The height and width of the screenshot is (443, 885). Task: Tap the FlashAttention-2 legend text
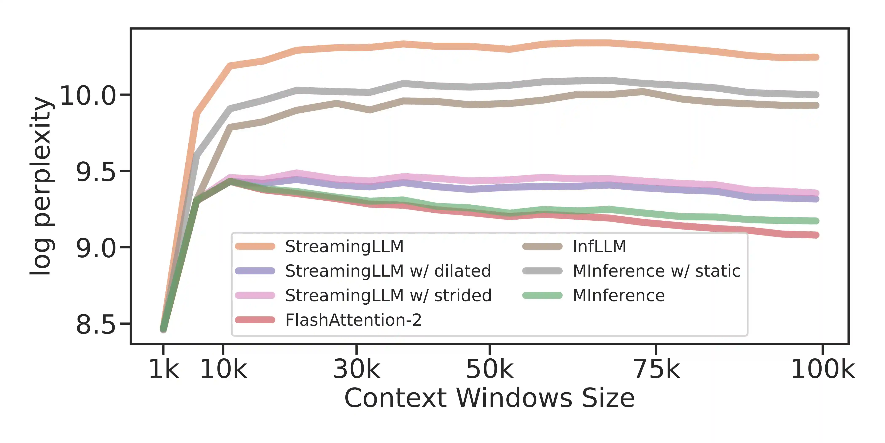click(x=353, y=320)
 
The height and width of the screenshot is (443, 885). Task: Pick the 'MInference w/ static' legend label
click(x=656, y=271)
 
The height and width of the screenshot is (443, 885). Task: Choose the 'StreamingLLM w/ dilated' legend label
click(x=388, y=271)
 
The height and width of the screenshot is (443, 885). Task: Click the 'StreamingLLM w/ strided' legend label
click(x=388, y=296)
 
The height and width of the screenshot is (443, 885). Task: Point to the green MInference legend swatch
click(x=542, y=296)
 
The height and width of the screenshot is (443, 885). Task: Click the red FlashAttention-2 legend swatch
click(x=255, y=320)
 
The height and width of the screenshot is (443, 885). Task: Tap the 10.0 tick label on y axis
click(x=88, y=95)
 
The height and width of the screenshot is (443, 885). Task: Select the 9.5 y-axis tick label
click(x=95, y=172)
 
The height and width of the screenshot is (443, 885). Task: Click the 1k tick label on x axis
click(x=164, y=369)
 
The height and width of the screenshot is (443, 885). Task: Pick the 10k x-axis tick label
click(x=223, y=369)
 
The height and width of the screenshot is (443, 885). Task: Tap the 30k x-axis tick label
click(x=357, y=369)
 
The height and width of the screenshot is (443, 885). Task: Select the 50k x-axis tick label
click(x=489, y=369)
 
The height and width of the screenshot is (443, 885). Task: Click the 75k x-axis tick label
click(x=656, y=369)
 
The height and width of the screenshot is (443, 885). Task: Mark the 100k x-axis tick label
click(x=822, y=369)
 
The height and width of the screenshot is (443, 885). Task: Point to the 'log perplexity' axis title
click(x=41, y=186)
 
